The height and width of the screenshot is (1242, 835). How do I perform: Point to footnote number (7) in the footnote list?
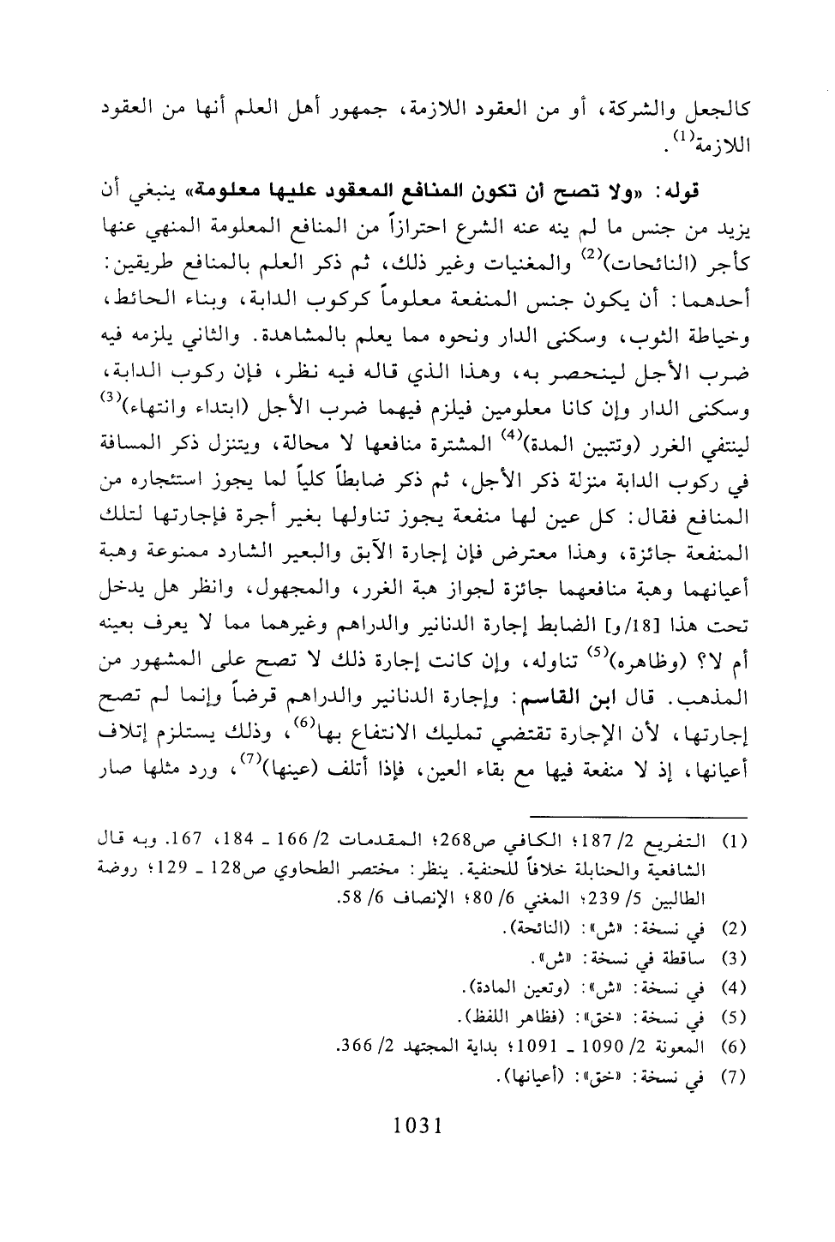click(736, 1075)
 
